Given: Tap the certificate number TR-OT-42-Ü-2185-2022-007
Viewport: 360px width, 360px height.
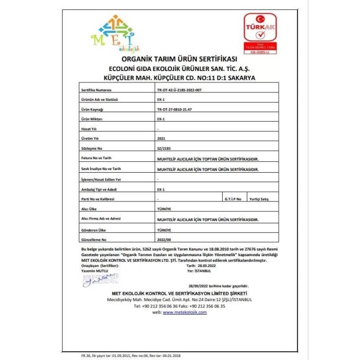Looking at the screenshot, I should [182, 90].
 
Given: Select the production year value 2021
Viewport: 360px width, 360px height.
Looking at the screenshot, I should [161, 139].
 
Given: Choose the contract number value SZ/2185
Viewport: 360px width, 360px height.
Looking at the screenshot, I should [163, 149].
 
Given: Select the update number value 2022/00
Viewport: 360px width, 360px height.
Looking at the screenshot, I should [164, 239].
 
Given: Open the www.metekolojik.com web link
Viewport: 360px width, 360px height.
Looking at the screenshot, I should [185, 312].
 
